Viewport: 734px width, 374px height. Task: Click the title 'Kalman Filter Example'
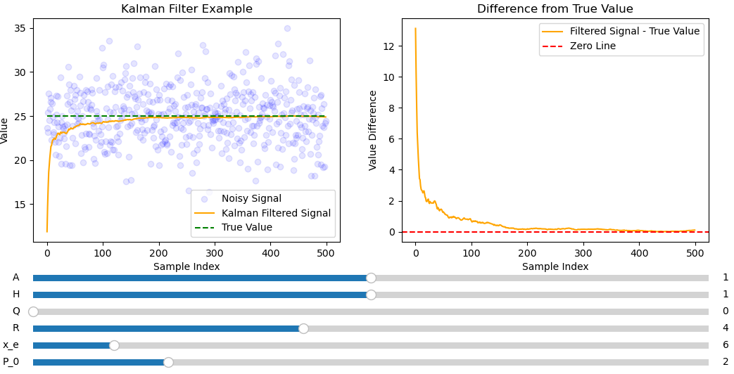(186, 9)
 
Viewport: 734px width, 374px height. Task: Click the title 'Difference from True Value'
(555, 9)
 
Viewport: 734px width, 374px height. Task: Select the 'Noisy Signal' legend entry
(251, 199)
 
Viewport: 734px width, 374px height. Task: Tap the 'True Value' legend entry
(246, 227)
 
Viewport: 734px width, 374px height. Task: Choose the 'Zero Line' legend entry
(593, 46)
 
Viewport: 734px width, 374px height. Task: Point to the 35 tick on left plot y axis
(20, 29)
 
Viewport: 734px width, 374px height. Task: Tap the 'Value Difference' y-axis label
(374, 130)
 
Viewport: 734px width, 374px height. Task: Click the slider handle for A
(371, 278)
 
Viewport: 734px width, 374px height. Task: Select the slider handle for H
(371, 295)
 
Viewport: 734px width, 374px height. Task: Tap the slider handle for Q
(33, 311)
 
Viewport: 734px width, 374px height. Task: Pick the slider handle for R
(303, 328)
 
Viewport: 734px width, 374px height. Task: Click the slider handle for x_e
(114, 345)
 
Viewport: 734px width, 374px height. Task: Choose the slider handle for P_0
(168, 362)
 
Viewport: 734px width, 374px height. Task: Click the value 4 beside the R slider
(726, 328)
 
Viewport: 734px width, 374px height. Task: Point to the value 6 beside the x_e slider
(726, 345)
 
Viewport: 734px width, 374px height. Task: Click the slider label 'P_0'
(11, 362)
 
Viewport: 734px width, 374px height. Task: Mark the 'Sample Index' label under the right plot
(555, 267)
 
